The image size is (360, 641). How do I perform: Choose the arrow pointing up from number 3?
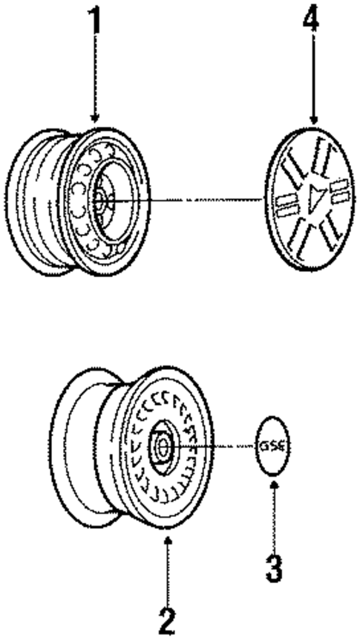pos(274,513)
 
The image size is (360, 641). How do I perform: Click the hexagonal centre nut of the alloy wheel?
pos(162,446)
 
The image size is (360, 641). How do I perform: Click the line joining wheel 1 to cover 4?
pos(186,199)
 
